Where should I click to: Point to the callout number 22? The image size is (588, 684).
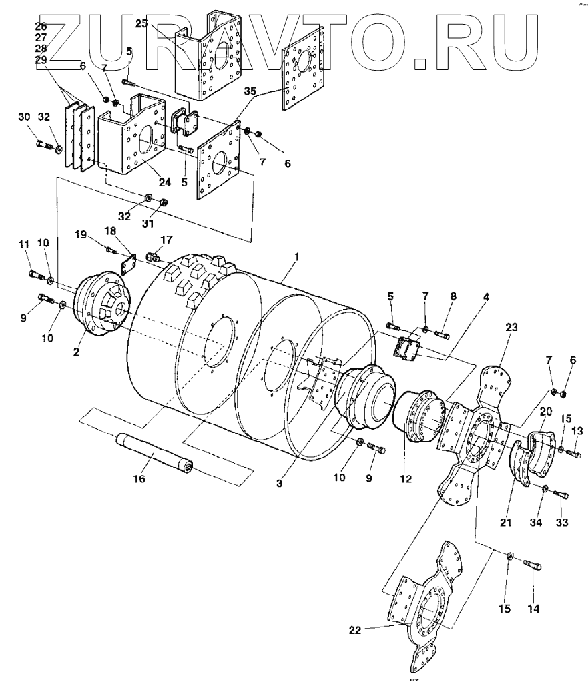(x=355, y=629)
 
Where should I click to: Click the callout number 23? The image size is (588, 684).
(x=511, y=327)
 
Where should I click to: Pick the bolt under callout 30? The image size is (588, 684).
(x=44, y=143)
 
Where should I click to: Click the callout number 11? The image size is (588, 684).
(x=24, y=245)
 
